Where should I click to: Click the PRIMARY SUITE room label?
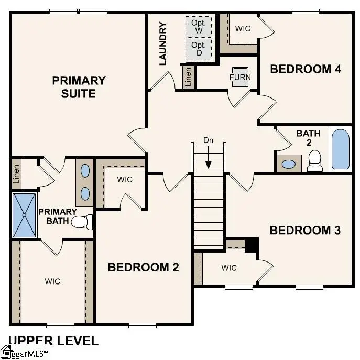[79, 87]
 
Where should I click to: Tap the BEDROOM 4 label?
[306, 69]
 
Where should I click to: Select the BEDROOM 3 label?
[305, 230]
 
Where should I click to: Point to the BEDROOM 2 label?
[143, 267]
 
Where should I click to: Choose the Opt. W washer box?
[199, 26]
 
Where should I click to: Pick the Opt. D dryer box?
[199, 49]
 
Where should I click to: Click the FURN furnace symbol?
[240, 77]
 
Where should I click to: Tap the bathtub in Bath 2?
[340, 149]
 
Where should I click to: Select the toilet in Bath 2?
[314, 160]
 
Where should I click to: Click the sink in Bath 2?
[288, 163]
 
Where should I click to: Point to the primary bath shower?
[25, 215]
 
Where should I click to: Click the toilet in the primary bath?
[81, 222]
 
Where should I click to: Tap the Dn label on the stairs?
[209, 140]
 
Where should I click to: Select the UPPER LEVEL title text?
[53, 341]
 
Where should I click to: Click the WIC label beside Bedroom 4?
[243, 28]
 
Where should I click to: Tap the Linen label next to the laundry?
[188, 77]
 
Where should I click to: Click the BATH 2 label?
[308, 138]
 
